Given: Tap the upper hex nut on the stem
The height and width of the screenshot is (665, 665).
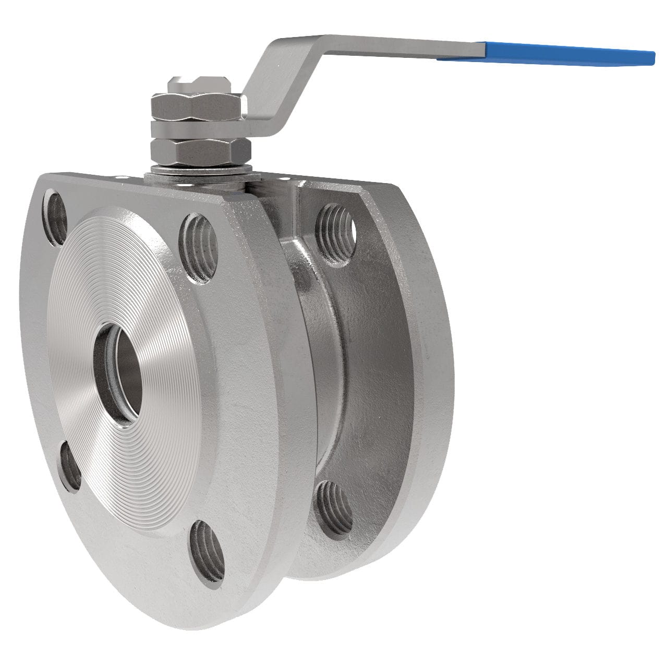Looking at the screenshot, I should [196, 104].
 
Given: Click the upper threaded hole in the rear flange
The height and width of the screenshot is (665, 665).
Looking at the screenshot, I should [336, 227].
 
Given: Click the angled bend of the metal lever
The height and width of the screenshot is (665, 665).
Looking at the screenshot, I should [266, 78].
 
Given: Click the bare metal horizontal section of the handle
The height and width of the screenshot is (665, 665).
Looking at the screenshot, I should [396, 44].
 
